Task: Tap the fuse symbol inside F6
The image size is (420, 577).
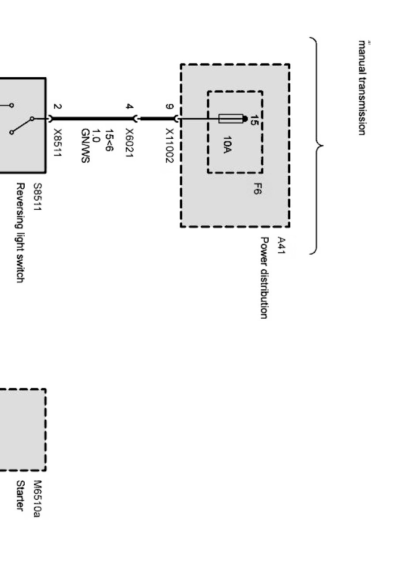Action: pos(231,119)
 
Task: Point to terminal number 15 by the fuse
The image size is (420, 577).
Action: pos(255,120)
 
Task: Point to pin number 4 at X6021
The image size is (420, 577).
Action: pos(129,107)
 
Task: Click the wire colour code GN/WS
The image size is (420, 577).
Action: pos(85,146)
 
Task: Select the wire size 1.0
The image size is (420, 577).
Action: pos(96,135)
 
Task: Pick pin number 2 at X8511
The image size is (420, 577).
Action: pos(57,107)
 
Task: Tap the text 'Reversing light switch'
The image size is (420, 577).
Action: pos(20,233)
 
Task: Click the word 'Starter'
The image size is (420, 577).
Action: pos(20,496)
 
